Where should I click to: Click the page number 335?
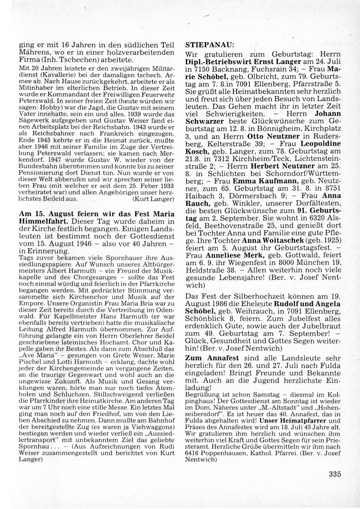click(334, 474)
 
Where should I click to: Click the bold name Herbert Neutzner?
click(276, 166)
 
